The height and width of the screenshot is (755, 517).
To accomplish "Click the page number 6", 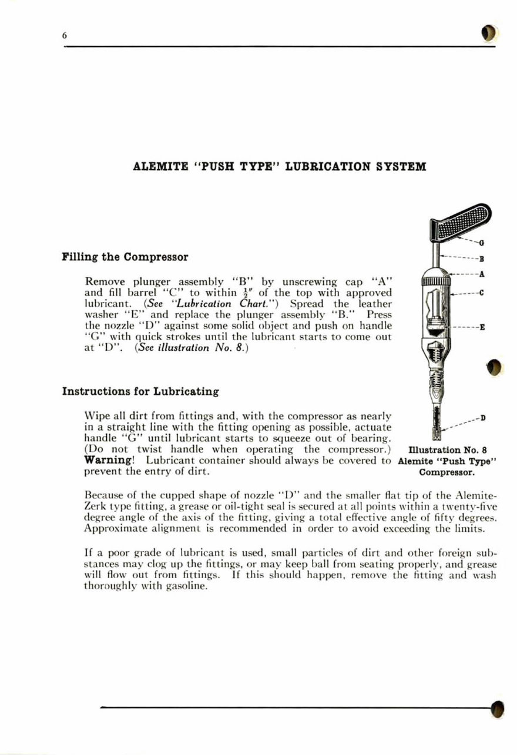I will point(65,36).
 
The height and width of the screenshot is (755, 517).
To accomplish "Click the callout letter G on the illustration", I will point(481,243).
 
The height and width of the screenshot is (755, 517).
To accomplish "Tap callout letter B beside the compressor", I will point(481,257).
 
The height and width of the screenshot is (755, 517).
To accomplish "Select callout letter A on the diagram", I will point(481,273).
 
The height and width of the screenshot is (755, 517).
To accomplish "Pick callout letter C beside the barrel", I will point(481,293).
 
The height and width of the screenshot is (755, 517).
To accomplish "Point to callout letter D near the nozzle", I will point(482,418).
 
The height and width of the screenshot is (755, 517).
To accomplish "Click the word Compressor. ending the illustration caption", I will point(446,471).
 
